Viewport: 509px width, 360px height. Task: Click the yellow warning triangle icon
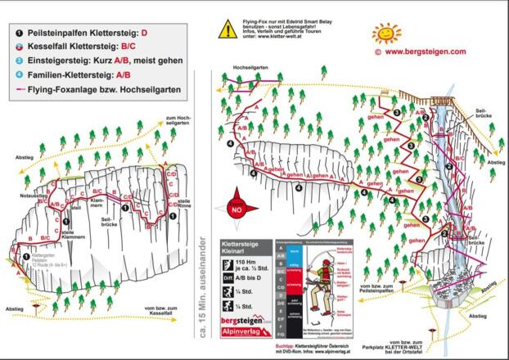(x=227, y=29)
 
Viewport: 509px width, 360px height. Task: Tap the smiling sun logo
(x=386, y=34)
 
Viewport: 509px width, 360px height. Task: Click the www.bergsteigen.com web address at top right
(x=425, y=52)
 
